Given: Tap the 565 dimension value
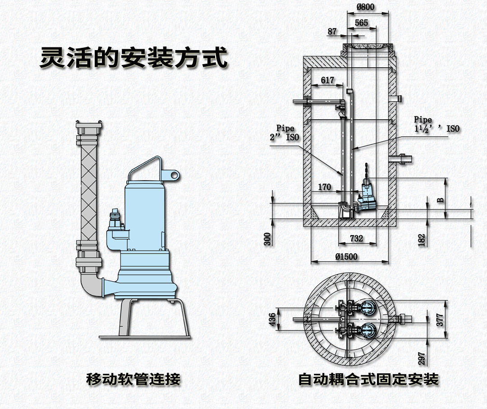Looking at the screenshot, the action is [361, 23].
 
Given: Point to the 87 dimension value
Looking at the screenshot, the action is [332, 32].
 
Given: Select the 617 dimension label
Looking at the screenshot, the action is [327, 80].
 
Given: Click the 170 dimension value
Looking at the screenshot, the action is [325, 187].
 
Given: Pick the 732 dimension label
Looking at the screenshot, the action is [356, 238].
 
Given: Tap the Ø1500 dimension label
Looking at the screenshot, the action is [346, 256].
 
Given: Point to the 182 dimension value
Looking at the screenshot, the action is [422, 240].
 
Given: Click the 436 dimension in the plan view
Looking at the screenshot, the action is [271, 320].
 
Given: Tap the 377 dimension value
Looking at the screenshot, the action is [440, 320].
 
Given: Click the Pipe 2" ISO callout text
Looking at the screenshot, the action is [285, 133].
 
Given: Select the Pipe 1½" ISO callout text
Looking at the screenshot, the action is [437, 125].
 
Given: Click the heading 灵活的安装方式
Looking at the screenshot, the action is [133, 58].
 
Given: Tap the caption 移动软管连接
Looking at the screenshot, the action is [133, 379].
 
